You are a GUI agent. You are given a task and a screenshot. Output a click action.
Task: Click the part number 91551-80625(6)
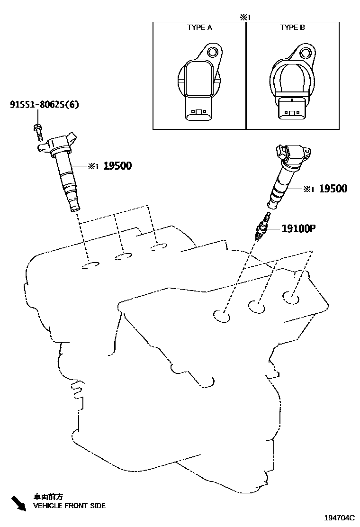pos(44,105)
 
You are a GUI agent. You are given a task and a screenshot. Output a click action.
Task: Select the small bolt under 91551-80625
pos(38,130)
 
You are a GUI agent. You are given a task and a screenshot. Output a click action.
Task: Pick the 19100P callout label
pos(298,229)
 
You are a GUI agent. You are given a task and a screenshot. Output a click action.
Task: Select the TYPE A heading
pos(199,27)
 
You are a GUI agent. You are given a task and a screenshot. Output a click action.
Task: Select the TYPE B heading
pos(292,27)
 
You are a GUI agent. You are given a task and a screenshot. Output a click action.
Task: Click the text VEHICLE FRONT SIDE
pos(69,506)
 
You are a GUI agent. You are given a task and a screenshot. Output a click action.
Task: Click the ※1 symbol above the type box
pos(244,17)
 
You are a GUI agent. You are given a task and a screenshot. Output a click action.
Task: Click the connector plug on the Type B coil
pos(292,109)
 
